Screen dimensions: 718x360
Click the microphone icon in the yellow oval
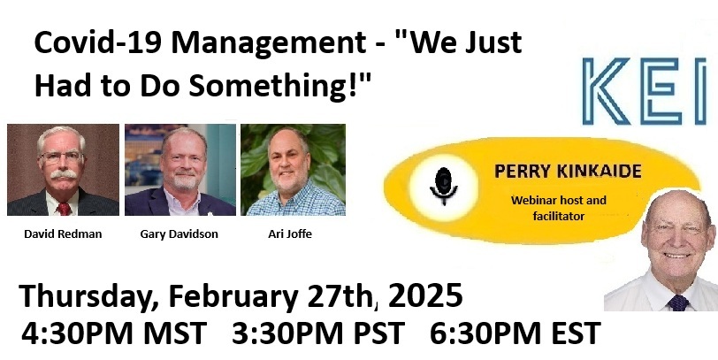click(443, 186)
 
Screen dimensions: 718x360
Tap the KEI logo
click(645, 91)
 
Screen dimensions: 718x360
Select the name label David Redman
click(63, 234)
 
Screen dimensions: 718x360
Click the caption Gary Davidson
click(179, 234)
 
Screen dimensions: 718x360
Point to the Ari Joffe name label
click(290, 234)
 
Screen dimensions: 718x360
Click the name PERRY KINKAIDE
click(568, 172)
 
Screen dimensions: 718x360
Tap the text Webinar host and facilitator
click(559, 208)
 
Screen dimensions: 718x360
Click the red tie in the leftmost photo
click(64, 209)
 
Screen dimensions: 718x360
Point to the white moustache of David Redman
click(63, 174)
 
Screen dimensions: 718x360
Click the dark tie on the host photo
click(677, 303)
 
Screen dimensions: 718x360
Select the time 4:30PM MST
click(114, 333)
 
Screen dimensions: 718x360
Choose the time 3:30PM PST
click(318, 333)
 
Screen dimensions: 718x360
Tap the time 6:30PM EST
click(516, 333)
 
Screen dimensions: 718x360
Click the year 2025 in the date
click(425, 295)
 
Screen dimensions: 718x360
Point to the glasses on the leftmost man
click(62, 157)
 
